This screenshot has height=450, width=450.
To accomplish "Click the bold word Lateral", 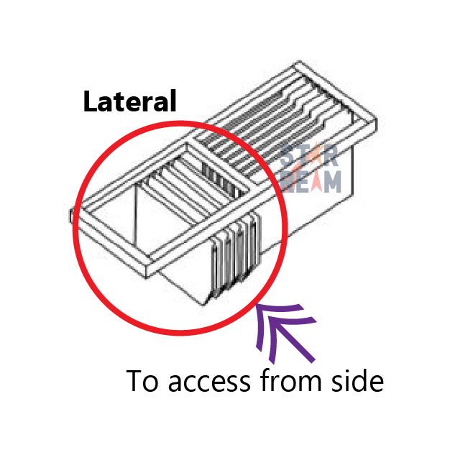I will point(129,101).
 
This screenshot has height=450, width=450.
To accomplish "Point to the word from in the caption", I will point(290,381).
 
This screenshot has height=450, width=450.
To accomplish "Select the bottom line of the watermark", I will point(311,182).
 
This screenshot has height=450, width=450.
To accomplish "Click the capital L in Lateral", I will point(90,101).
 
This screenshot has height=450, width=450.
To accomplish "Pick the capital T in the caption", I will point(135,381).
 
